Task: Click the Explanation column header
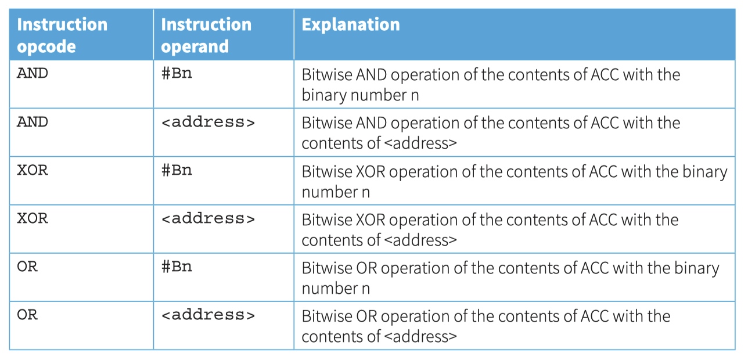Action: pos(351,25)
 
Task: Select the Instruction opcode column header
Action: pos(62,35)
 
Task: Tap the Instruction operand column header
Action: pos(206,35)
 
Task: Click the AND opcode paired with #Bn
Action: pos(33,74)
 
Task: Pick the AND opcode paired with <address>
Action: pos(33,123)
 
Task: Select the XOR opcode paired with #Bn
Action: pos(33,170)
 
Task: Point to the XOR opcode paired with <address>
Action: pos(33,219)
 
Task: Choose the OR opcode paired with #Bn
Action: pos(27,267)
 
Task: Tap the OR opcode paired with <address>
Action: pos(27,315)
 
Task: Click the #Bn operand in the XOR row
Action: pos(177,170)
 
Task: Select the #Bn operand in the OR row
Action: pos(177,267)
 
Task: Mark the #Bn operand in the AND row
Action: pos(177,74)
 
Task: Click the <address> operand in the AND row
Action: pos(208,123)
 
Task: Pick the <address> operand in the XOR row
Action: pos(208,219)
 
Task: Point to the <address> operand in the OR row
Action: pos(208,315)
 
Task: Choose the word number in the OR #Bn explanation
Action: pos(330,289)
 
